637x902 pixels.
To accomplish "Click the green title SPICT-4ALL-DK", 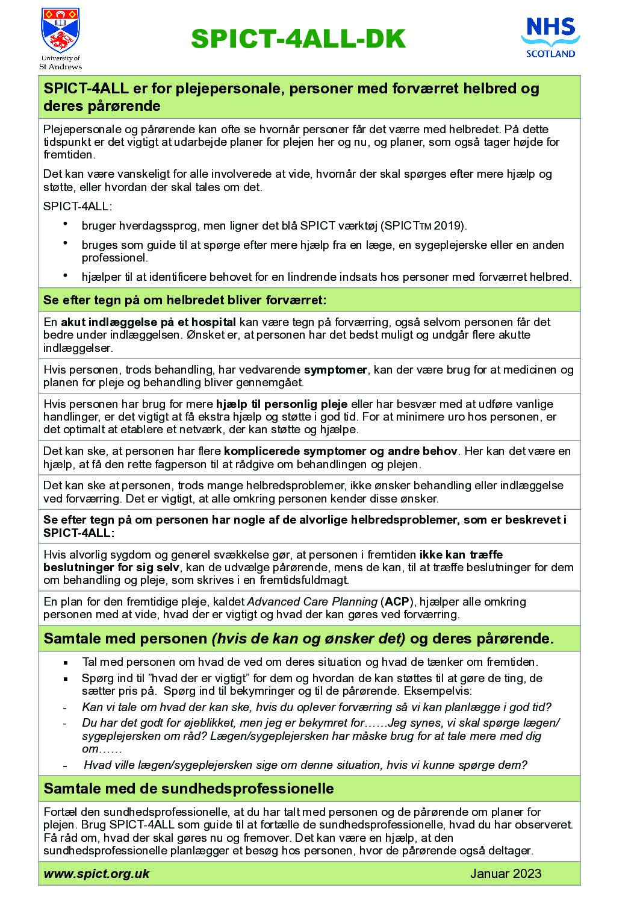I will pyautogui.click(x=298, y=39).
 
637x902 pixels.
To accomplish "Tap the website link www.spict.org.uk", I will pyautogui.click(x=96, y=873).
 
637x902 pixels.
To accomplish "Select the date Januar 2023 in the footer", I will pyautogui.click(x=506, y=873).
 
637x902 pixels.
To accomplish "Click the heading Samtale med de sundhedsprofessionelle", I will pyautogui.click(x=188, y=788).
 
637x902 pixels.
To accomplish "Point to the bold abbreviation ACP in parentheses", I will pyautogui.click(x=396, y=601).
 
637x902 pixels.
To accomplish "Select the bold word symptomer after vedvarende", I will pyautogui.click(x=335, y=369).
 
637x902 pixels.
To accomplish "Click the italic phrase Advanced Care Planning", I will pyautogui.click(x=312, y=601).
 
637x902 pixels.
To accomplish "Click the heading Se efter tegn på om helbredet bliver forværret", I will pyautogui.click(x=185, y=299).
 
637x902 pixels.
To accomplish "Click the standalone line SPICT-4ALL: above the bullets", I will pyautogui.click(x=77, y=206).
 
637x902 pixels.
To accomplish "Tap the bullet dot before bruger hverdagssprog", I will pyautogui.click(x=65, y=224).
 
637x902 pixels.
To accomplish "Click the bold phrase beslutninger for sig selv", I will pyautogui.click(x=111, y=567).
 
